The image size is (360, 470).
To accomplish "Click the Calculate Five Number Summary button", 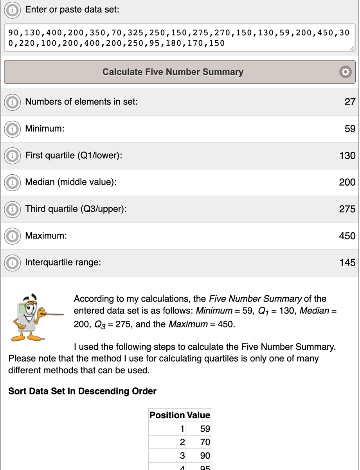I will (x=173, y=72).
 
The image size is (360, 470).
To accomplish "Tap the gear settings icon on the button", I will (x=344, y=72).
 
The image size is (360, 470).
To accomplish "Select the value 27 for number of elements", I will (x=349, y=102).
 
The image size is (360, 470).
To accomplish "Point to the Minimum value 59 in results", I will (x=350, y=129).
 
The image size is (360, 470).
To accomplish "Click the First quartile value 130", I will (x=347, y=155).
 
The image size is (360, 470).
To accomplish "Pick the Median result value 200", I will (x=347, y=182).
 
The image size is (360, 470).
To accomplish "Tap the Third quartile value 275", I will (x=347, y=209).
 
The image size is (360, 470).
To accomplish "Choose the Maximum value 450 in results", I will (x=347, y=236).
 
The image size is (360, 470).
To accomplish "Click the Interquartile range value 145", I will (x=347, y=262).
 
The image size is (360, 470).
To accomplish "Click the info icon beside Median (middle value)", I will (x=13, y=183).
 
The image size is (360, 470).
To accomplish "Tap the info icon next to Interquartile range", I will (x=13, y=262).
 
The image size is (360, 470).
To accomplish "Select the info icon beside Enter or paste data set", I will (x=13, y=10).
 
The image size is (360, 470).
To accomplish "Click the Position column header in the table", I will (x=167, y=415).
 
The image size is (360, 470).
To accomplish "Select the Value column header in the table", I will (x=198, y=415).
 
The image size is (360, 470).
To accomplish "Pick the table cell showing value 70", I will (x=205, y=442).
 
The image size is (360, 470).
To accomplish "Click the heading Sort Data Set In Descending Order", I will (x=82, y=391).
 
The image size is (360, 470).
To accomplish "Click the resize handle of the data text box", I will (x=352, y=48).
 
